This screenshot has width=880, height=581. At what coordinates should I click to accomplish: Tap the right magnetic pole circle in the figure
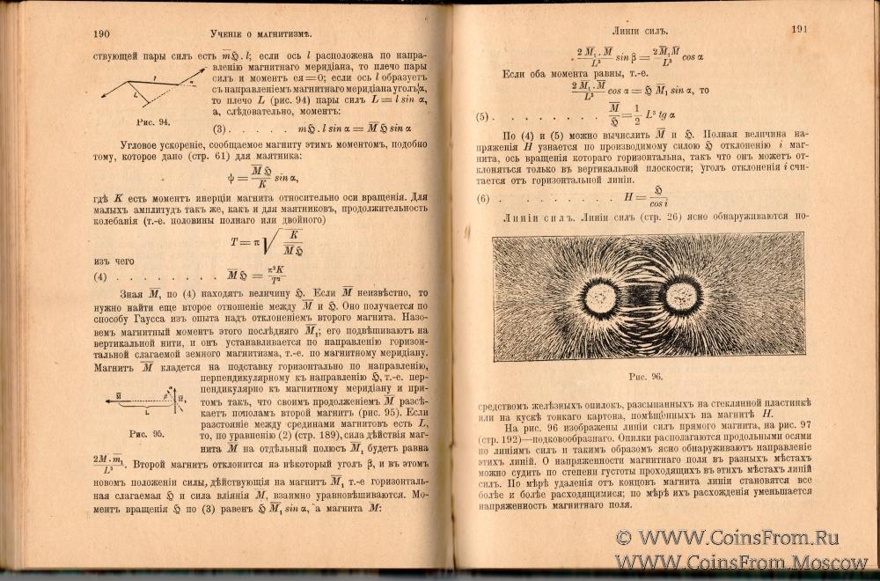tap(681, 295)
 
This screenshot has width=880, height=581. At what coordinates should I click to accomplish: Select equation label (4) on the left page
tap(100, 276)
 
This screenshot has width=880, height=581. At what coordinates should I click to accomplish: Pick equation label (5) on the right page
tap(481, 117)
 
